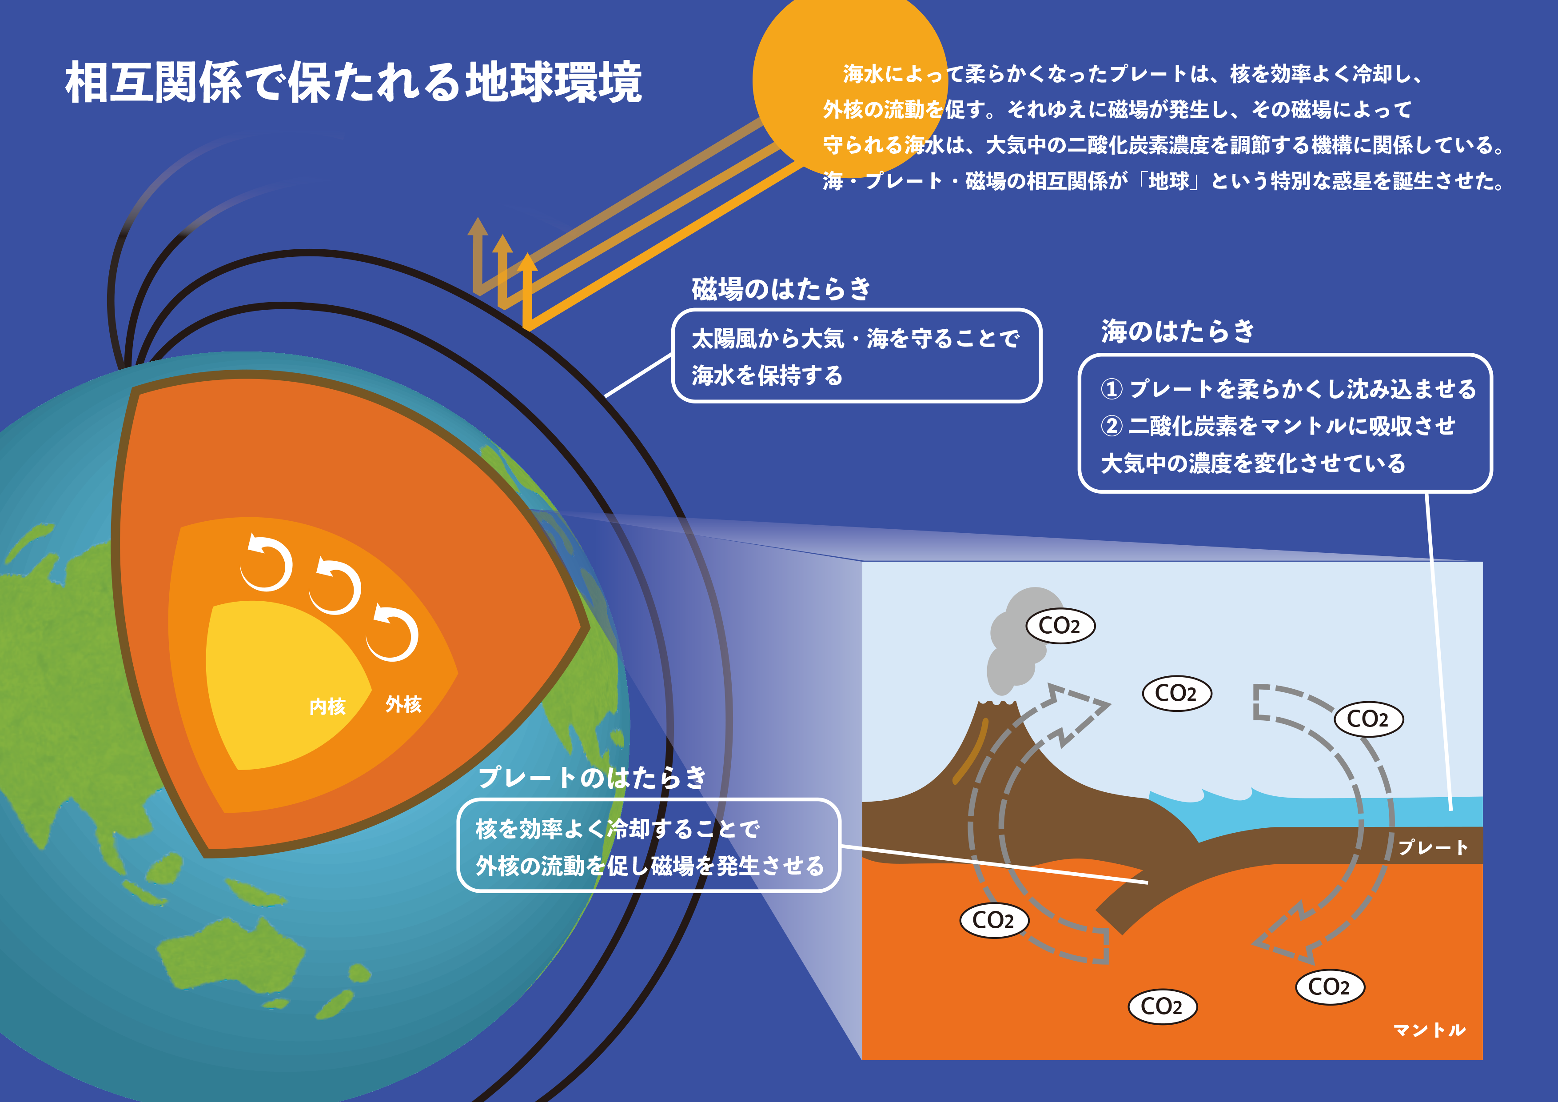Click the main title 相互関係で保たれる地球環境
[353, 83]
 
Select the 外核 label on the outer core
[404, 704]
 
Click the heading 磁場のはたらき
[781, 288]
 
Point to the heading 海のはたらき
[1177, 331]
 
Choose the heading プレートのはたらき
[592, 778]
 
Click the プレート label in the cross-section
[1432, 847]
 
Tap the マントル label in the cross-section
[1430, 1030]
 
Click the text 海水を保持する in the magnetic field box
[767, 375]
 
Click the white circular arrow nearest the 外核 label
[392, 633]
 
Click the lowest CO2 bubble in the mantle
[1163, 1006]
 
